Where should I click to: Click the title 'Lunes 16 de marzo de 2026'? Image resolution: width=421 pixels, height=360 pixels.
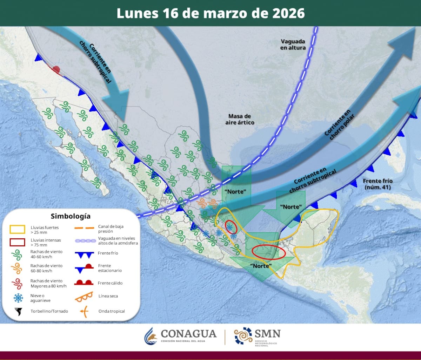[x=210, y=13]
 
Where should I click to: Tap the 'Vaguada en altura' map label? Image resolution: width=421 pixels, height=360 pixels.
[x=293, y=44]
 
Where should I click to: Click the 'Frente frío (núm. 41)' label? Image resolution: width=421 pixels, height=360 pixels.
[x=377, y=184]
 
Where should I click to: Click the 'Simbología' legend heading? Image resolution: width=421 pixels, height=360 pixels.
[x=71, y=216]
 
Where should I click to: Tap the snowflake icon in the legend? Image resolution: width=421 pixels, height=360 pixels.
[x=18, y=298]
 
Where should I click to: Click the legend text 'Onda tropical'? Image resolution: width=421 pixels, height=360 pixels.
[x=112, y=311]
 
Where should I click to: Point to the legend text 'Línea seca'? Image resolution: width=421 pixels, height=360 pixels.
[x=108, y=296]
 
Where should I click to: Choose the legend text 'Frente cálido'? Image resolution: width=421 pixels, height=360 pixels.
[x=111, y=283]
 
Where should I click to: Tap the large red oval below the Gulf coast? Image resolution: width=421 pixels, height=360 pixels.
[x=269, y=251]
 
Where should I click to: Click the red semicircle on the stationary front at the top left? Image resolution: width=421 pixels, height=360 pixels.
[x=57, y=70]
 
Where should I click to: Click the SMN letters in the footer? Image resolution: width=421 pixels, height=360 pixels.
[x=267, y=333]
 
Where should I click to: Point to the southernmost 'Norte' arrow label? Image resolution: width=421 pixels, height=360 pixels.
[x=262, y=265]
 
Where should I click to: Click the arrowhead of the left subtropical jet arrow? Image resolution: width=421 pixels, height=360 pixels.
[x=116, y=102]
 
